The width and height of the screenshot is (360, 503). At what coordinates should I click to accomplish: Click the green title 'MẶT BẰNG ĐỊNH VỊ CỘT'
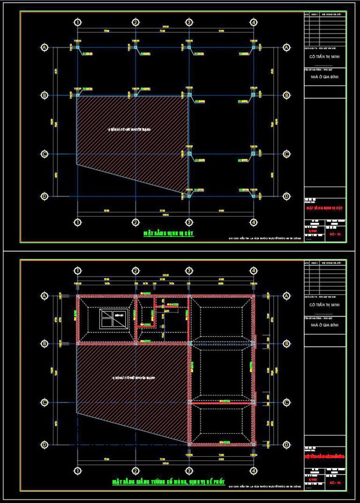169,233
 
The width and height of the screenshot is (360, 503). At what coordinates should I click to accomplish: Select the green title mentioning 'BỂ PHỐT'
168,481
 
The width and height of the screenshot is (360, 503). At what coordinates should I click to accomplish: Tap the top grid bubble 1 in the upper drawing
78,22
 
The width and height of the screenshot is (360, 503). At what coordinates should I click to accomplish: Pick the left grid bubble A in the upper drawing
45,48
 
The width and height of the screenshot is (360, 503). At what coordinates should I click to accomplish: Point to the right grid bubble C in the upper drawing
286,154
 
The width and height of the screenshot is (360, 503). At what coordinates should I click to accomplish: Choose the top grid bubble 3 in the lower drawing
189,271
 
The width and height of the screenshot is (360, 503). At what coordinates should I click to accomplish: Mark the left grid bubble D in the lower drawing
45,444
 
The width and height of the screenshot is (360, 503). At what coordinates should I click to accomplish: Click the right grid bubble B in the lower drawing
286,344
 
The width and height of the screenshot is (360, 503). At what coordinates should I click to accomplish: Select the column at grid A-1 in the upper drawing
78,48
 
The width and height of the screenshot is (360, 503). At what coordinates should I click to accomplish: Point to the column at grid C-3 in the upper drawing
189,154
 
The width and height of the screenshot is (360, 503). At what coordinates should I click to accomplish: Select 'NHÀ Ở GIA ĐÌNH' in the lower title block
325,325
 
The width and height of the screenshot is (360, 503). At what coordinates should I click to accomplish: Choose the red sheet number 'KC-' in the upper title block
334,233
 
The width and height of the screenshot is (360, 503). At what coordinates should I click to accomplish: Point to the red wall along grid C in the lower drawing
221,402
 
